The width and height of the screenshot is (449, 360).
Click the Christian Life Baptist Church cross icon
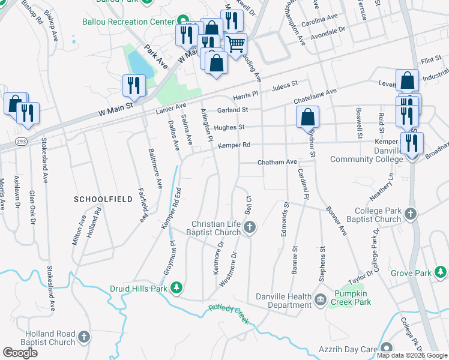click(x=250, y=227)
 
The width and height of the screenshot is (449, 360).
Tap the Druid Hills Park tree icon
click(x=176, y=289)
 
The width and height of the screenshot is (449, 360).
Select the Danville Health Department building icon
click(x=320, y=299)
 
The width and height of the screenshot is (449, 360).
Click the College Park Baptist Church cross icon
click(x=410, y=214)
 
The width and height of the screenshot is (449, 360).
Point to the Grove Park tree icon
click(x=441, y=273)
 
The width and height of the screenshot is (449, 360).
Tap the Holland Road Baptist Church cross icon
click(x=83, y=338)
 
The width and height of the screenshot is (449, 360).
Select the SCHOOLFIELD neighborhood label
click(x=97, y=199)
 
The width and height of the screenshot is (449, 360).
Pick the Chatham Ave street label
click(x=277, y=162)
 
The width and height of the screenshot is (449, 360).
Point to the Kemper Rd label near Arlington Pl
click(x=234, y=145)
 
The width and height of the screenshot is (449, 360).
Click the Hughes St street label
click(x=229, y=127)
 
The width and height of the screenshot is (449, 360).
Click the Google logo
click(x=20, y=353)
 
